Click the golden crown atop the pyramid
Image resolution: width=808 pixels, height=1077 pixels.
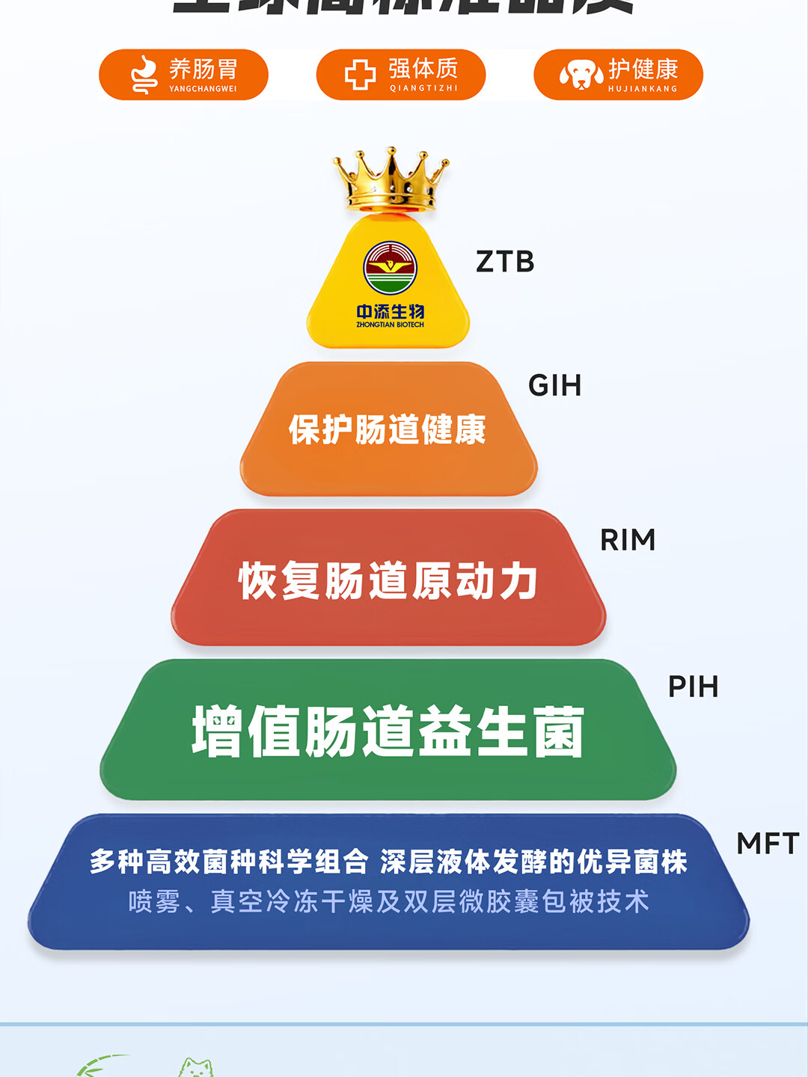(x=391, y=179)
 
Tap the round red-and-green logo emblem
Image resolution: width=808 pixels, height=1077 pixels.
(x=390, y=267)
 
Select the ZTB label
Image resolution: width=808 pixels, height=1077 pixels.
(x=505, y=262)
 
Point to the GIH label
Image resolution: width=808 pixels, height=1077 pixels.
(x=554, y=386)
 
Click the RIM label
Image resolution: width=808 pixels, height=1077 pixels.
(x=628, y=540)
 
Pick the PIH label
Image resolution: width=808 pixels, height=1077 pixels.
(x=693, y=687)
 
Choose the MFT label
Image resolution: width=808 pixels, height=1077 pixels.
(x=768, y=844)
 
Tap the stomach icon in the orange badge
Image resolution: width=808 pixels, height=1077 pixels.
(x=144, y=75)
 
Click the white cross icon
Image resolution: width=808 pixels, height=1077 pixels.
(x=360, y=75)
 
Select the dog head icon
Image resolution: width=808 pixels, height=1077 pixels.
(x=581, y=75)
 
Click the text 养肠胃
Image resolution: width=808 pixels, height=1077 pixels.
(x=203, y=69)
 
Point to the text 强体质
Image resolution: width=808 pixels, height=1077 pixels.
(x=423, y=69)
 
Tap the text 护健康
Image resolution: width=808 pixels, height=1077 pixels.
(x=643, y=69)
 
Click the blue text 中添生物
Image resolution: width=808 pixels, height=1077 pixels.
(x=390, y=311)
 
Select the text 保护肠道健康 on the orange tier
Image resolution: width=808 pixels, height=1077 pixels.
(x=388, y=429)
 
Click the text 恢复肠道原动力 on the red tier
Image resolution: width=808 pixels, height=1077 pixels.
(x=388, y=581)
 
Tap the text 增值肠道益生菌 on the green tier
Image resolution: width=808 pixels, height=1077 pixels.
(x=388, y=731)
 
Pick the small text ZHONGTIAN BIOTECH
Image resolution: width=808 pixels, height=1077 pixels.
(x=390, y=325)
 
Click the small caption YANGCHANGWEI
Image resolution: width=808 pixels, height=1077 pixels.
(x=203, y=89)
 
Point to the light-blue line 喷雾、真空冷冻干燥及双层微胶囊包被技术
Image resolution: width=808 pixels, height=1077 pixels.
(x=388, y=901)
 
